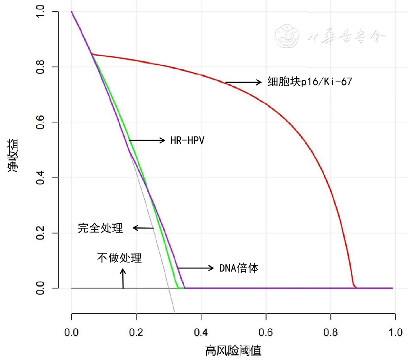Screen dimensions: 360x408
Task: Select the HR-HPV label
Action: pyautogui.click(x=187, y=140)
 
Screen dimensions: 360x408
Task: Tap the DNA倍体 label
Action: pyautogui.click(x=239, y=268)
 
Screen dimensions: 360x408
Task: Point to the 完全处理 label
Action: pyautogui.click(x=101, y=228)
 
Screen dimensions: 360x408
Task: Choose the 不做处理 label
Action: pyautogui.click(x=120, y=258)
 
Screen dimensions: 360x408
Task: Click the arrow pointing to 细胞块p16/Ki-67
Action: pyautogui.click(x=243, y=82)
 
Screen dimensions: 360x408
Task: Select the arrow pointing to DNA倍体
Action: pyautogui.click(x=196, y=268)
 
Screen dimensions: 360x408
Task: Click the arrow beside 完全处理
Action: pyautogui.click(x=143, y=228)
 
